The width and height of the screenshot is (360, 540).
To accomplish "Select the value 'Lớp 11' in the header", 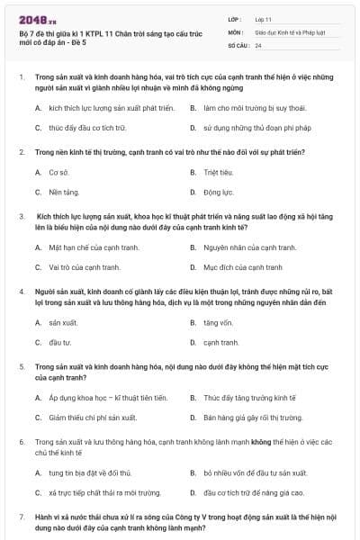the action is coord(265,18).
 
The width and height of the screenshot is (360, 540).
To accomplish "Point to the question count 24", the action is coord(258,44).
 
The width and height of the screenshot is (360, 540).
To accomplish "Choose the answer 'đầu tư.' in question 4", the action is coord(60,342).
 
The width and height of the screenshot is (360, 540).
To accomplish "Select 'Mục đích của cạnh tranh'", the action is coord(242,267).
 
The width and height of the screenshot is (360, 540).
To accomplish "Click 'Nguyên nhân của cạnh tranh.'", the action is coord(248,247).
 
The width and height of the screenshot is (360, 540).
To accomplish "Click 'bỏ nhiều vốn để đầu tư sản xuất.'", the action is coord(255,472).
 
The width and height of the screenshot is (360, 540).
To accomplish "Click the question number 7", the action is coord(21,518).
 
